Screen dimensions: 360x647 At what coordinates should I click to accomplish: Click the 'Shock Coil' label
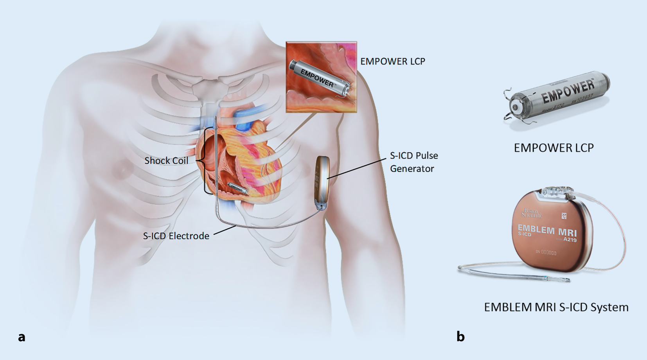pos(166,160)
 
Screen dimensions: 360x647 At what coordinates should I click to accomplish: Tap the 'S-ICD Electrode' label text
pos(176,236)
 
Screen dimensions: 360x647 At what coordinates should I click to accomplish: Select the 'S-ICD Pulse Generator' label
pos(413,162)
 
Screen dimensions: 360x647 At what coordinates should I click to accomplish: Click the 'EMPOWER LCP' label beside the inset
pos(392,61)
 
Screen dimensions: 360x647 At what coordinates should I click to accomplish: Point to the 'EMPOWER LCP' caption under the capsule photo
pos(554,148)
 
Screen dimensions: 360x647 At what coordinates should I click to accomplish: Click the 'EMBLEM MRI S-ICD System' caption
pos(556,307)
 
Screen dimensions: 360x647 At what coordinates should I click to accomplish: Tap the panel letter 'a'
pos(22,337)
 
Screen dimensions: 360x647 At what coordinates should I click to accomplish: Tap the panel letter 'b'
pos(460,337)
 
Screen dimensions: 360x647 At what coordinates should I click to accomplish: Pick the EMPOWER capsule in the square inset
pos(319,78)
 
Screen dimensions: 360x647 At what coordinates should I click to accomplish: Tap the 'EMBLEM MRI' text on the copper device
pos(547,230)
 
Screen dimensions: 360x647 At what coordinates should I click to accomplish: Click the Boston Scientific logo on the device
pos(531,213)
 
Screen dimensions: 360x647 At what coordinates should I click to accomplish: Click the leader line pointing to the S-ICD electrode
pos(224,230)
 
